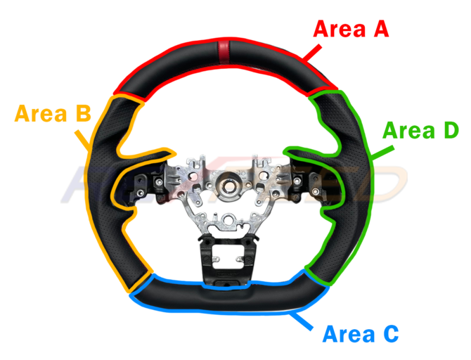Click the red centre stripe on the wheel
[223, 53]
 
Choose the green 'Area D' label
[420, 131]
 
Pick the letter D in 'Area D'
[449, 131]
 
